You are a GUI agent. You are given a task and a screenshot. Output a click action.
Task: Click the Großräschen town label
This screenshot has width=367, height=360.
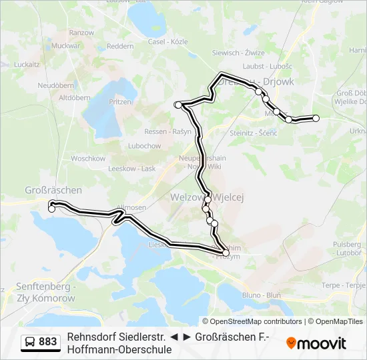[x=53, y=190]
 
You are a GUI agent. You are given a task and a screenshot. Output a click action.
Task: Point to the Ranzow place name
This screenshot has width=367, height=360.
[x=81, y=32]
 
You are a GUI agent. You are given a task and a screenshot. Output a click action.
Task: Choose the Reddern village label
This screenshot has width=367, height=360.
[x=120, y=46]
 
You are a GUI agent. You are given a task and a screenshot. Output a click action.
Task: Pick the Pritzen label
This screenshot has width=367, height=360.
[x=121, y=101]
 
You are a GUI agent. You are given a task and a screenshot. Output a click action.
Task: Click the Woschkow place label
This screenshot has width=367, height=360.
[x=88, y=159]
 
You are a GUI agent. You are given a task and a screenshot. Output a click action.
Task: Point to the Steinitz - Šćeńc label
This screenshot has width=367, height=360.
[x=253, y=133]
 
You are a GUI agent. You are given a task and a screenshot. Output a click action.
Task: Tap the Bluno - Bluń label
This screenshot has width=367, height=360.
[x=261, y=294]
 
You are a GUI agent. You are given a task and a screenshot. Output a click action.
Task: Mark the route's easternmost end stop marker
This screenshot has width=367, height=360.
[x=316, y=118]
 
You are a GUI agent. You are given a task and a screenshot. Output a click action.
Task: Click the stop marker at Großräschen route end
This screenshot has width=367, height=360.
[x=52, y=209]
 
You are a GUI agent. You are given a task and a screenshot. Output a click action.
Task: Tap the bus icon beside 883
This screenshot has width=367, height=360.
[x=30, y=342]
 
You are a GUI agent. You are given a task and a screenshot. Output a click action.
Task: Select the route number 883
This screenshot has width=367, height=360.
[x=48, y=342]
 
